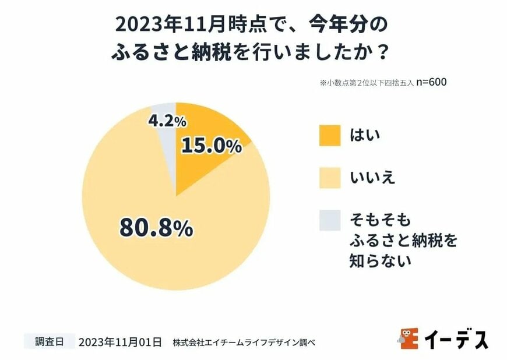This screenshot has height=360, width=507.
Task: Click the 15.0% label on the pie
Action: tap(211, 146)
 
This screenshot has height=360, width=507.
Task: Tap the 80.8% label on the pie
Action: tap(156, 227)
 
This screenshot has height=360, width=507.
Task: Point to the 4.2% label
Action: tap(167, 121)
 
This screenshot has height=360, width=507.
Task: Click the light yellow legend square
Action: tap(328, 177)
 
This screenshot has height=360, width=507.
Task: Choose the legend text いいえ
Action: tap(371, 177)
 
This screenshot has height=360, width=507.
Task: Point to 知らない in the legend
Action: tap(379, 260)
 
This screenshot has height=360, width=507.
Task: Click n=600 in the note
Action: tap(431, 82)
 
